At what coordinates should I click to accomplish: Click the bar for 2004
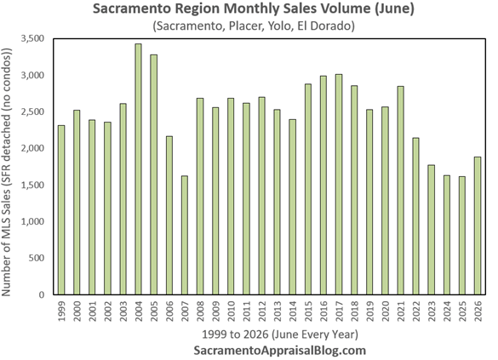point(138,169)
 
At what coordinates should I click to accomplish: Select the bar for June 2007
point(185,235)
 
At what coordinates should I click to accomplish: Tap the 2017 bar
point(339,185)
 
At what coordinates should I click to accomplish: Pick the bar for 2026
point(478,226)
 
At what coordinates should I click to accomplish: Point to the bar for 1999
point(61,210)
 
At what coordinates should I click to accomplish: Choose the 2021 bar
point(400,191)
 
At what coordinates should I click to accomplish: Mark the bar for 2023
point(432,230)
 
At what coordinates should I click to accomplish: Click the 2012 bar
point(261,196)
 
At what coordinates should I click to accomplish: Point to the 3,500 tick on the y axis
point(32,39)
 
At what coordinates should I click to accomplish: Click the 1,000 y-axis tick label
point(32,221)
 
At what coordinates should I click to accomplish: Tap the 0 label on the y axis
point(42,295)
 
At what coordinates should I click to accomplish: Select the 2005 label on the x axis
point(154,311)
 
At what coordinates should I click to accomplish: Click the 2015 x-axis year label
point(308,311)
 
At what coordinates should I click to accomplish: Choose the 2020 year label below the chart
point(386,311)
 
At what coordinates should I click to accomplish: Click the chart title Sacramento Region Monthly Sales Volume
point(254,9)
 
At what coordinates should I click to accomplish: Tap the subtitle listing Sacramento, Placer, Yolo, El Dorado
point(254,26)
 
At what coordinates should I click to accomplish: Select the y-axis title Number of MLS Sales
point(6,172)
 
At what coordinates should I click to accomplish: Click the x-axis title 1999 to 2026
point(280,334)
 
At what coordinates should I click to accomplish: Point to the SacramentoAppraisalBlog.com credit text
point(280,351)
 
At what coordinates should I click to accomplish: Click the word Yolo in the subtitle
point(279,26)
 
